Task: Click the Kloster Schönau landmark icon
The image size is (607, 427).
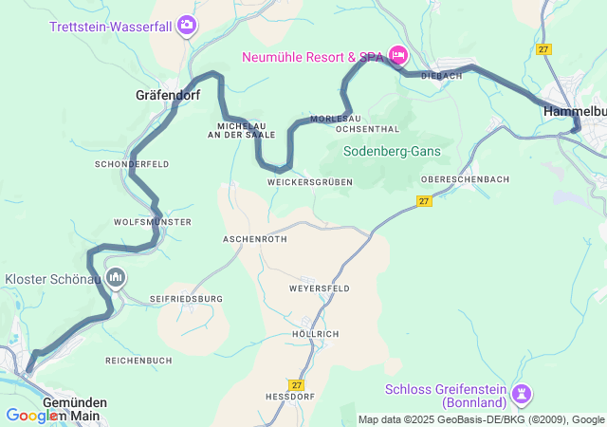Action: [116, 278]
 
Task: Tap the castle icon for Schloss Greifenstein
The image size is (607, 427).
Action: [521, 393]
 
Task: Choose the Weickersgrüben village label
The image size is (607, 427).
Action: [309, 182]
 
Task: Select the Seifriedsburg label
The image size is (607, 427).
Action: [186, 299]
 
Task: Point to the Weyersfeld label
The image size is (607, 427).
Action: [319, 288]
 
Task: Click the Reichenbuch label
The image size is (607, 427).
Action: [138, 361]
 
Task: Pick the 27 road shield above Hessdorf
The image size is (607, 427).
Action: [297, 384]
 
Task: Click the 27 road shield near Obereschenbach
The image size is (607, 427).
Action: [424, 200]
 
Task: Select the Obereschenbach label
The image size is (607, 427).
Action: [465, 179]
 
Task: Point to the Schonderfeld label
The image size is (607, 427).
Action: [132, 164]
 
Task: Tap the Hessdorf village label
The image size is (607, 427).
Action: [289, 397]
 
